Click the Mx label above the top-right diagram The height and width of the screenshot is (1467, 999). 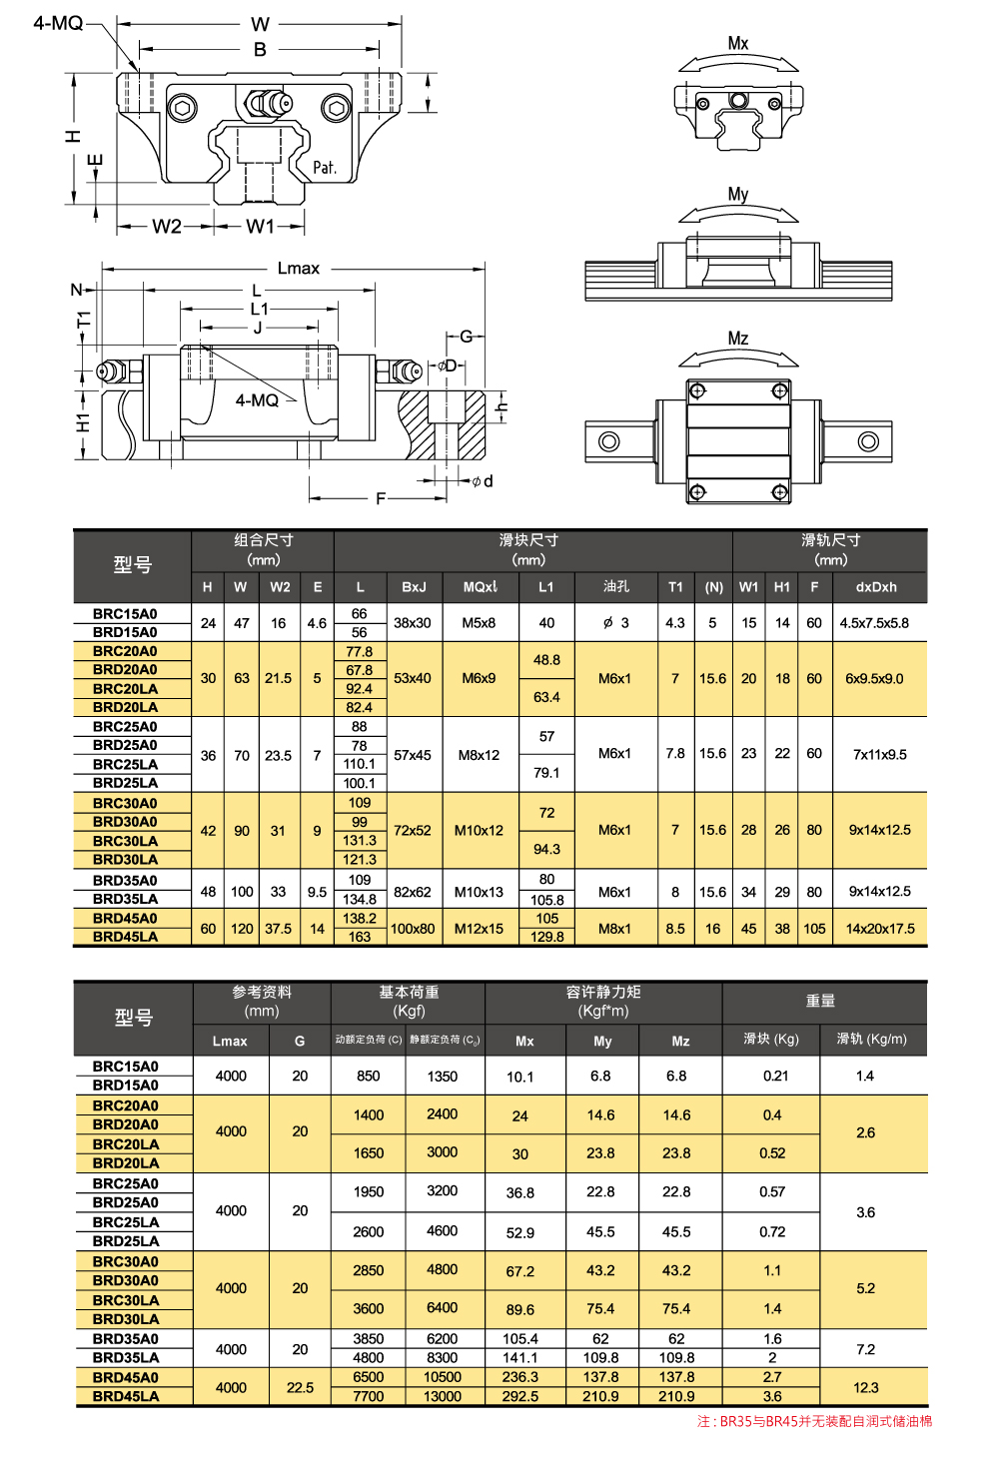[738, 43]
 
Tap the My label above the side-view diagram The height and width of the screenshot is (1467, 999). [738, 194]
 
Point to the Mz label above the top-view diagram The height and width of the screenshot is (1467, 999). [738, 339]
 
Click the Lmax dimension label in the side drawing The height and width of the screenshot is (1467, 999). [299, 268]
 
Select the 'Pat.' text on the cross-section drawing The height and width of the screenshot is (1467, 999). [325, 168]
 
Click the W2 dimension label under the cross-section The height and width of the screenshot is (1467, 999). [167, 227]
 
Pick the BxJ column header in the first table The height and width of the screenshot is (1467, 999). [414, 587]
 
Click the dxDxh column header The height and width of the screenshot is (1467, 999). [876, 587]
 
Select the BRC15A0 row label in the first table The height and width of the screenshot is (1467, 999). [125, 614]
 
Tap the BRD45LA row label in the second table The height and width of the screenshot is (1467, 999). [126, 1396]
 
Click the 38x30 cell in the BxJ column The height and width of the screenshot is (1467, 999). [413, 623]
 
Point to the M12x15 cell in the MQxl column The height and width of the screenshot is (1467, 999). [479, 929]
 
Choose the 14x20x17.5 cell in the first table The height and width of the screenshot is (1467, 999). [880, 929]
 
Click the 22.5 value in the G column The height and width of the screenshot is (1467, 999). [300, 1387]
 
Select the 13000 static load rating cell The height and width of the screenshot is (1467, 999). [443, 1396]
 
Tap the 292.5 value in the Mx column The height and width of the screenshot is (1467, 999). [520, 1396]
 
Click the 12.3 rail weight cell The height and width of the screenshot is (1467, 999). [866, 1387]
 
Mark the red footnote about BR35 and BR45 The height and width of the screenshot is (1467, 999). [814, 1421]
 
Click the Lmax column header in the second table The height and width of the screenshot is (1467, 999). [230, 1041]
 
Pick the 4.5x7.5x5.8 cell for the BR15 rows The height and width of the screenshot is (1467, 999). [874, 623]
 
